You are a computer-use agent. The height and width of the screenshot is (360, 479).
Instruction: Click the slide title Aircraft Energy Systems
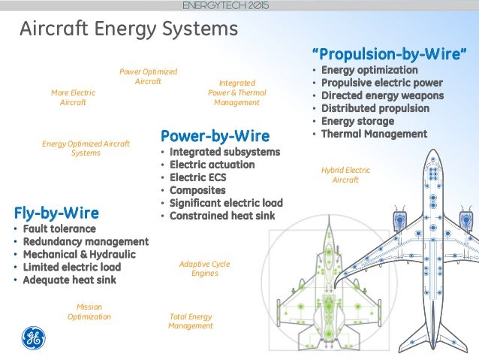tap(128, 30)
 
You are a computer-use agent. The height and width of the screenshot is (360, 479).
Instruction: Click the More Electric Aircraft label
tap(73, 98)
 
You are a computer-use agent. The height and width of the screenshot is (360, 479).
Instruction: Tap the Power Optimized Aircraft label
tap(148, 77)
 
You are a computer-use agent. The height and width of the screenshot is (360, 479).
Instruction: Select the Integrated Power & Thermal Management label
tap(236, 92)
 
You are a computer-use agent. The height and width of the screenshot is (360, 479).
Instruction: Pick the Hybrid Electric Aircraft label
tap(345, 175)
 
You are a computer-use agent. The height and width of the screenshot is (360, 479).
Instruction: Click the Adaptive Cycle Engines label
tap(204, 268)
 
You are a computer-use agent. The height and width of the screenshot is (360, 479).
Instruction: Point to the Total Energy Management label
tap(191, 321)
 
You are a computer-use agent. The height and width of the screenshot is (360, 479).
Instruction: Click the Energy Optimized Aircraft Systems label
tap(86, 148)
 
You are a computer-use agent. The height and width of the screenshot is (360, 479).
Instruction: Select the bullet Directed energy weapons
tap(382, 95)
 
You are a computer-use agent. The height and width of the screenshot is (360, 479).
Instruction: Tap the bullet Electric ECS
tap(197, 177)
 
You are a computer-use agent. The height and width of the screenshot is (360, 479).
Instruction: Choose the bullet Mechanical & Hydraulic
tap(80, 254)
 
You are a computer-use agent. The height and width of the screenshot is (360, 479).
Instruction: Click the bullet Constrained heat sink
tap(222, 216)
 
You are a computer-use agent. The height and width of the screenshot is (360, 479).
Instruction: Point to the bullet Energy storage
tap(357, 121)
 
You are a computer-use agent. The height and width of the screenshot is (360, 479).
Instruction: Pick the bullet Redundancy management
tap(86, 241)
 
